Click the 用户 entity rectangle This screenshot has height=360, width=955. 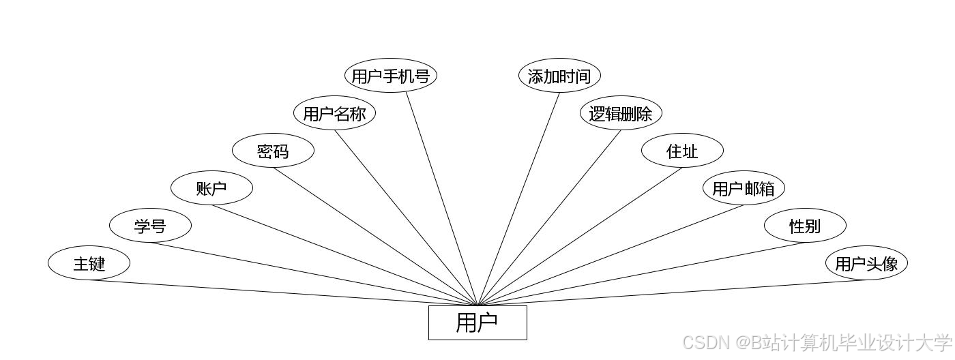[x=477, y=322]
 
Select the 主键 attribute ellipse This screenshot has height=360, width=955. [x=89, y=263]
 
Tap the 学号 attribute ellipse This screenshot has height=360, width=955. [x=150, y=226]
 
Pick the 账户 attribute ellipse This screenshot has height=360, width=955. [x=211, y=188]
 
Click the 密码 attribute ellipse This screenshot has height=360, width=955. [x=273, y=151]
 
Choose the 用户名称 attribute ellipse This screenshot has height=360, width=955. [x=334, y=113]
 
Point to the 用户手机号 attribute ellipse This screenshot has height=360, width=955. [x=390, y=76]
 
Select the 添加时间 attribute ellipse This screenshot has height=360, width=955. [x=559, y=76]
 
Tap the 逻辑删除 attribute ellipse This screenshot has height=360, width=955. [x=621, y=113]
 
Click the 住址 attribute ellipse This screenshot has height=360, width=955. [x=682, y=151]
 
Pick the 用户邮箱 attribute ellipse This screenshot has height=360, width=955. [x=744, y=188]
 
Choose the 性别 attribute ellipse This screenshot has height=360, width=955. [x=805, y=226]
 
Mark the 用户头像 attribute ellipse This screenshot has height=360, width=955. [x=866, y=263]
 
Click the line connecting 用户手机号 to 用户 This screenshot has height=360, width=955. [x=442, y=198]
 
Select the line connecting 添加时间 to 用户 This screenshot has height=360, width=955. [x=518, y=198]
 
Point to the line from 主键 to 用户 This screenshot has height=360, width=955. [x=283, y=292]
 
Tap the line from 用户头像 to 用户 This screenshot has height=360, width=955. [x=672, y=292]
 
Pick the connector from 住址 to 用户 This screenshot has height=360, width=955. [x=580, y=236]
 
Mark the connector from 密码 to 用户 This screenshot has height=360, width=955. [x=375, y=236]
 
